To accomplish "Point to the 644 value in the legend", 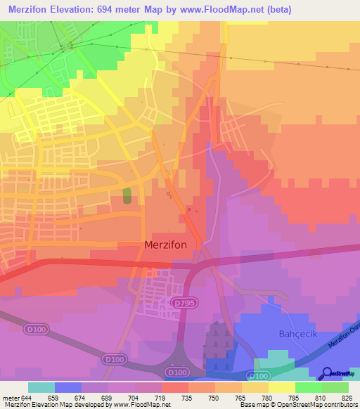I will click(x=28, y=398).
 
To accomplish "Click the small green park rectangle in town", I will click(x=127, y=195).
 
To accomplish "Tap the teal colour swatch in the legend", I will click(x=41, y=387).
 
